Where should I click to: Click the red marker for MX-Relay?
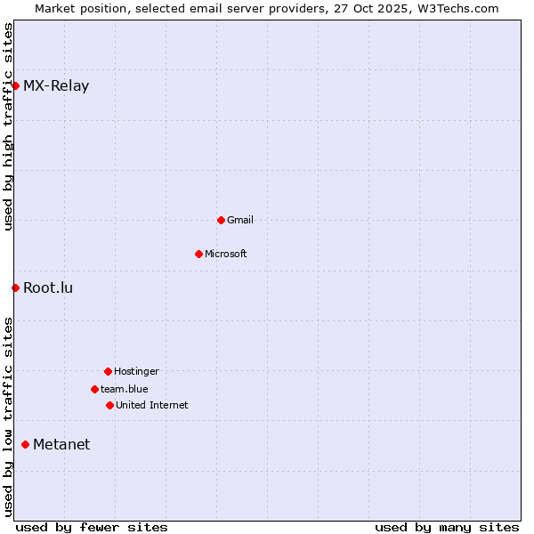coord(15,85)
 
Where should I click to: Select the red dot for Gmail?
coord(221,220)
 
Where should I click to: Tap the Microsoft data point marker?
coord(198,254)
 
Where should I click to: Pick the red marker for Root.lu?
coord(15,287)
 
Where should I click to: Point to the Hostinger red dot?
coord(108,371)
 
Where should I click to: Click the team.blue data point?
coord(94,389)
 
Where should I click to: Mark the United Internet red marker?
coord(109,405)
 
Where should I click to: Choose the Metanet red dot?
coord(25,444)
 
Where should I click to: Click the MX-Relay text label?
coord(56,86)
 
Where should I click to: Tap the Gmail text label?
coord(240,221)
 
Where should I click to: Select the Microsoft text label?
coord(226,255)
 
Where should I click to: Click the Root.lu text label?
coord(48,288)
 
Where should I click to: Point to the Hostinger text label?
coord(136,372)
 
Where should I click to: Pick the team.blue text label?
coord(125,390)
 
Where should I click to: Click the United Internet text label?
coord(152,406)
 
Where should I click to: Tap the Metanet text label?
coord(61,445)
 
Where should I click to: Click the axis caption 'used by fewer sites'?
coord(92,527)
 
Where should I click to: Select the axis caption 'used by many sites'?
coord(447,527)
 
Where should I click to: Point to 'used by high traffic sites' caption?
coord(8,126)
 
